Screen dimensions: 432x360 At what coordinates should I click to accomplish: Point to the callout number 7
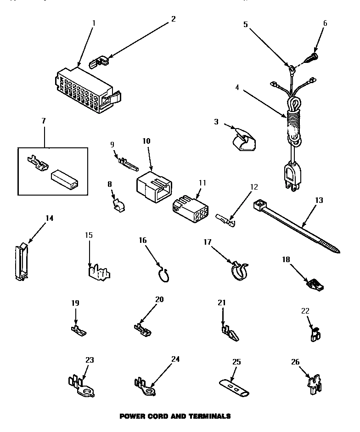pyautogui.click(x=44, y=121)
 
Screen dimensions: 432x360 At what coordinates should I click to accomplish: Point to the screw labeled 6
pyautogui.click(x=312, y=59)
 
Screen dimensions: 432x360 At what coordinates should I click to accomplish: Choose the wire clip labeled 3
pyautogui.click(x=242, y=139)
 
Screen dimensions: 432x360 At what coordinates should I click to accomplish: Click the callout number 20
pyautogui.click(x=159, y=299)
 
